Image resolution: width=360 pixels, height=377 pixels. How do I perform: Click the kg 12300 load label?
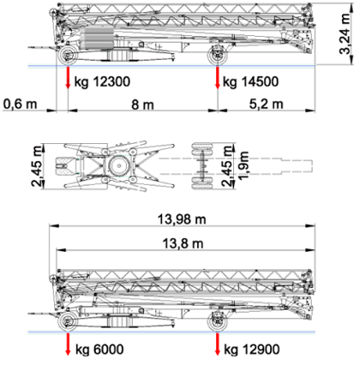click(x=102, y=81)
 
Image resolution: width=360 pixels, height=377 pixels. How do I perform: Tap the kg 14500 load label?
click(x=250, y=81)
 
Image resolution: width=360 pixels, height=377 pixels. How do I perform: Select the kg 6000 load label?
click(x=99, y=350)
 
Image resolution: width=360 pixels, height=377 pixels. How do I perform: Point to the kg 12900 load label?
click(x=251, y=350)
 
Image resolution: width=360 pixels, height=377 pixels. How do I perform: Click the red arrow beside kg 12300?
click(x=68, y=77)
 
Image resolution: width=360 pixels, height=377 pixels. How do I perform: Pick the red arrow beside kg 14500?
click(x=218, y=77)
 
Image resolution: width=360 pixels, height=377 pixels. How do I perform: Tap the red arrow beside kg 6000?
click(x=68, y=344)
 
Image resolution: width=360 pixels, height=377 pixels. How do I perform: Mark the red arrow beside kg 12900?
click(x=218, y=344)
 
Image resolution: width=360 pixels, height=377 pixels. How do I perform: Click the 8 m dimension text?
click(x=142, y=105)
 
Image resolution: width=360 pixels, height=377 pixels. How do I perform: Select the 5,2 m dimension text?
click(x=267, y=104)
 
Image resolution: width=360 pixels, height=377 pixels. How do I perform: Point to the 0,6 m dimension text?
click(x=21, y=104)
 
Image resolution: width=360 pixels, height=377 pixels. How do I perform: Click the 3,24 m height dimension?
click(x=345, y=33)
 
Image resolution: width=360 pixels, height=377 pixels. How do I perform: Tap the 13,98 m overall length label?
click(x=182, y=219)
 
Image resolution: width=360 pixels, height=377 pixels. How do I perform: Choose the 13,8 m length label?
click(x=183, y=244)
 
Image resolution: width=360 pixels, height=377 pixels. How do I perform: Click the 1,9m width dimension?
click(x=243, y=165)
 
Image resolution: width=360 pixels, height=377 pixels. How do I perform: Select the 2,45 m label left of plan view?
click(x=37, y=166)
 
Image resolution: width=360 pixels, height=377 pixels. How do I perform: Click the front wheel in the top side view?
click(x=68, y=55)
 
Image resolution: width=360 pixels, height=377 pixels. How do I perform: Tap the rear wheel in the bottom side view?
click(x=218, y=322)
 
